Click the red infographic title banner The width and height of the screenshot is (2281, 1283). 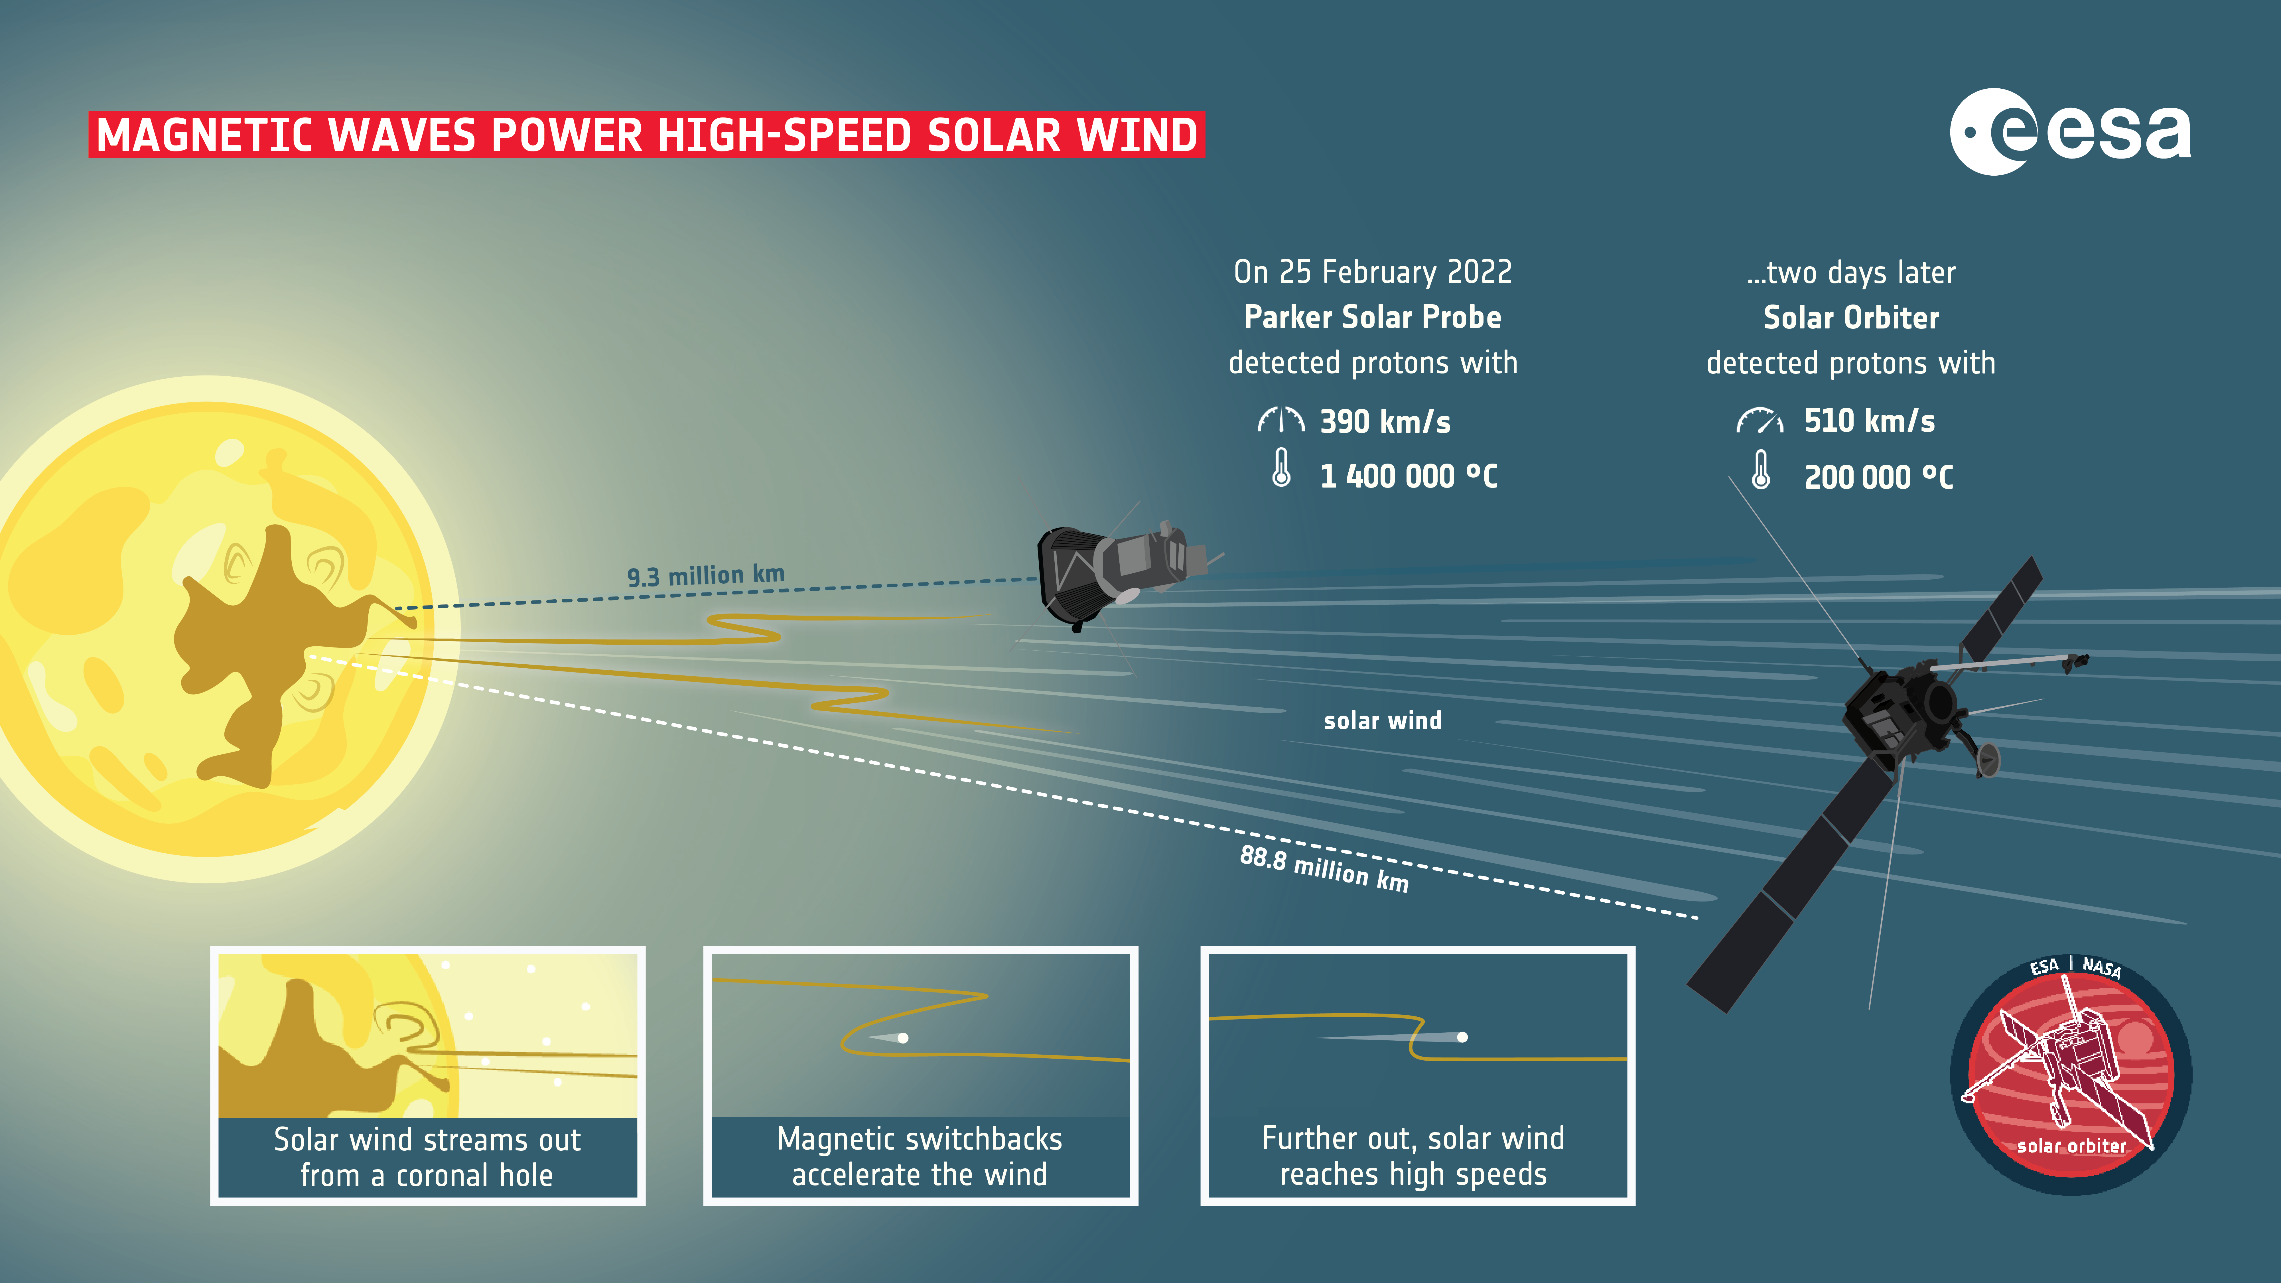click(x=646, y=135)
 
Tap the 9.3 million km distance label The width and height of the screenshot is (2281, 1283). click(x=706, y=576)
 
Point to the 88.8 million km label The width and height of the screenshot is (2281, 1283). click(x=1324, y=869)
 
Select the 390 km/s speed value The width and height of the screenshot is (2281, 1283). click(x=1385, y=421)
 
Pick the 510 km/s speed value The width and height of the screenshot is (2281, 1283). click(x=1869, y=421)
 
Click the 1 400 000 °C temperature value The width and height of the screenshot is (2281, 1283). click(x=1408, y=476)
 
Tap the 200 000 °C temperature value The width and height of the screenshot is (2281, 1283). click(x=1878, y=477)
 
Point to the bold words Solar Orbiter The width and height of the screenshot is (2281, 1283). click(x=1851, y=317)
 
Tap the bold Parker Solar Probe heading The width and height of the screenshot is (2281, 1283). click(x=1373, y=317)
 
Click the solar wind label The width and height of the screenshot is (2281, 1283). click(x=1382, y=721)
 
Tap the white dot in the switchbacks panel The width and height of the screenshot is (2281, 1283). click(x=903, y=1038)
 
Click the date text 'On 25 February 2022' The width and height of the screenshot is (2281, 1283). click(x=1373, y=272)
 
